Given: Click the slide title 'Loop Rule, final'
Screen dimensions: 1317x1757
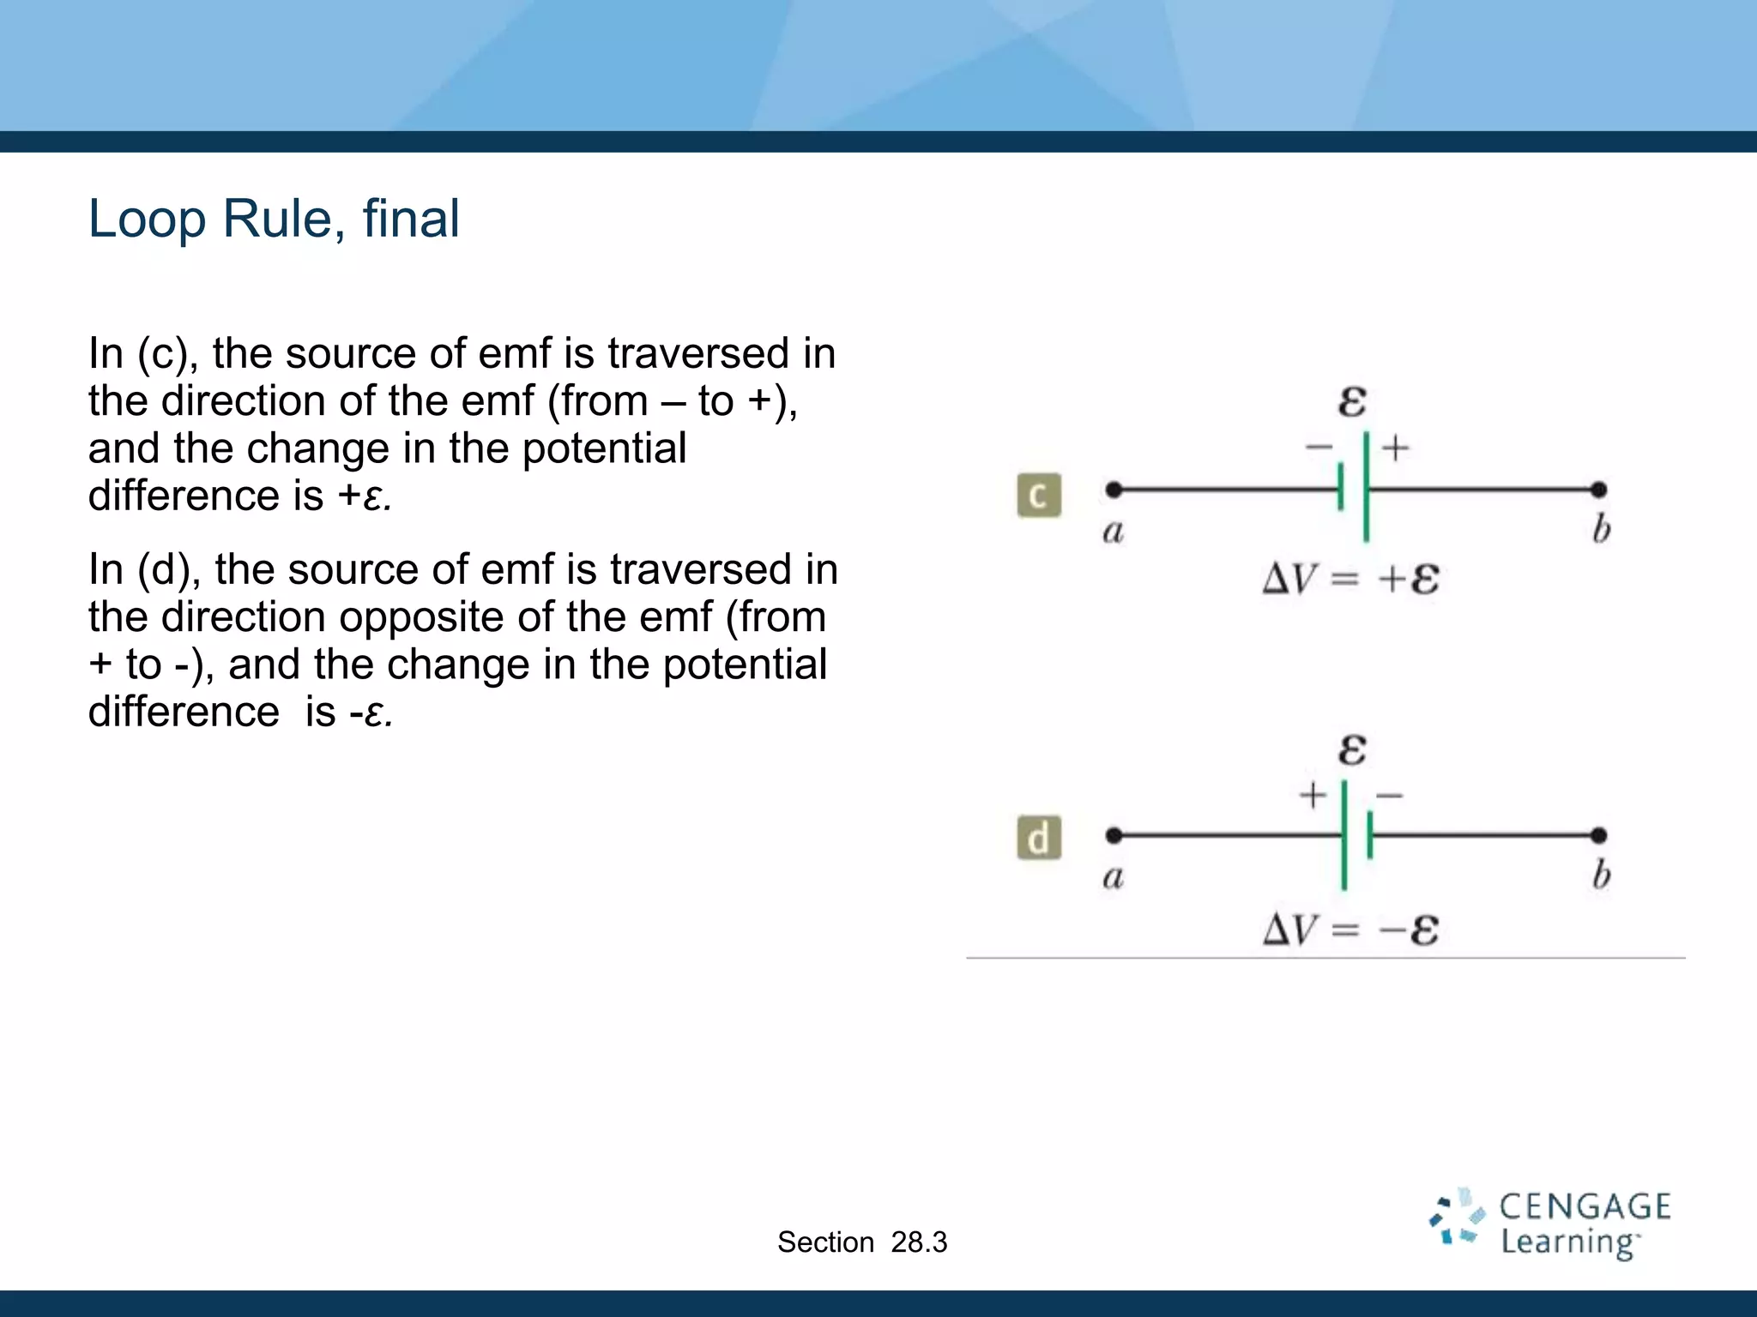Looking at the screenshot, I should pos(274,219).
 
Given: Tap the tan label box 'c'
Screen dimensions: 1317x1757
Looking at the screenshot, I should pos(1039,495).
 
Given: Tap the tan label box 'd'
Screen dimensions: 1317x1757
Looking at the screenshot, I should pos(1039,838).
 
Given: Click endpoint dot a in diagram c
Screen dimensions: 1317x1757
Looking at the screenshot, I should pos(1114,490).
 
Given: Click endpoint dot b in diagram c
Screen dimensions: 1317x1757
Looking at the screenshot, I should pos(1597,490).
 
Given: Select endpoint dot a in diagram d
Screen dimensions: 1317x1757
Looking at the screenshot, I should pos(1114,834).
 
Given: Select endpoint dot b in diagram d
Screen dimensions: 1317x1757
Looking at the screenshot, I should pos(1597,834).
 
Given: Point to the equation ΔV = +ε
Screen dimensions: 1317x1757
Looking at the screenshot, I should pos(1350,580).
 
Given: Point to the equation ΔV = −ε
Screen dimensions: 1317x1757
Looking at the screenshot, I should pos(1350,929).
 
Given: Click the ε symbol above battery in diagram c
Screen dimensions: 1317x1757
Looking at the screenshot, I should pos(1352,401).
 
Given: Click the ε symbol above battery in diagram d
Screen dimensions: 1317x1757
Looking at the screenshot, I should pos(1352,749).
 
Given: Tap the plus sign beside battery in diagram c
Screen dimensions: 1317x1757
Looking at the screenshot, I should pos(1396,447).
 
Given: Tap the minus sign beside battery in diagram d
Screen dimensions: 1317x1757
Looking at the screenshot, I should pos(1389,796).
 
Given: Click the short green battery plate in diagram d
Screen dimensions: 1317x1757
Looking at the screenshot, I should pos(1370,835).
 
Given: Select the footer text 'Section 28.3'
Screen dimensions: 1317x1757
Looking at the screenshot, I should pos(861,1242).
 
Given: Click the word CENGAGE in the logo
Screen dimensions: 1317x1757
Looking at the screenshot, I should pos(1585,1207).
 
